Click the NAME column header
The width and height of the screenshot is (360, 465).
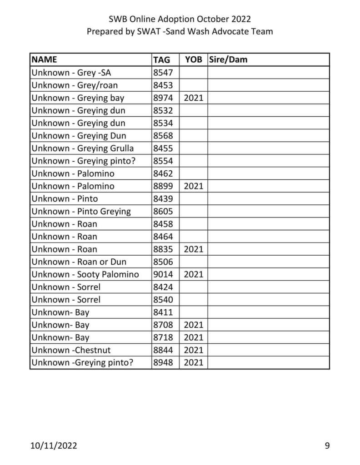(45, 59)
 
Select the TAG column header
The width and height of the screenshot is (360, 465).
(162, 60)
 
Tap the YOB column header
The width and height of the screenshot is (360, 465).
(193, 59)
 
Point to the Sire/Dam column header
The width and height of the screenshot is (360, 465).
(228, 59)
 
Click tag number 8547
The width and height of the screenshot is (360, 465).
(163, 72)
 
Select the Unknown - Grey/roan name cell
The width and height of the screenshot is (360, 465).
(75, 85)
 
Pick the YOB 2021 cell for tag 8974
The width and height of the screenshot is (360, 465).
(193, 98)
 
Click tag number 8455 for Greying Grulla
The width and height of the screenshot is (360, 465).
(163, 148)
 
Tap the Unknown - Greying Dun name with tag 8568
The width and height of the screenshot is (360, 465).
(79, 135)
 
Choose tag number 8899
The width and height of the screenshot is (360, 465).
(163, 186)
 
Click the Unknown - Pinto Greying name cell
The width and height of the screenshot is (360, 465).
(81, 211)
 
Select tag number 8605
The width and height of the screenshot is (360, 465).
(163, 211)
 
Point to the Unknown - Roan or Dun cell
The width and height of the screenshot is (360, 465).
(79, 262)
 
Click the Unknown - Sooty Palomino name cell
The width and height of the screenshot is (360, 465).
(85, 274)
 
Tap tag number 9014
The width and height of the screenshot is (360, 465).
(163, 274)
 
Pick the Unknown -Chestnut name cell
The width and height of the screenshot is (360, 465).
(71, 350)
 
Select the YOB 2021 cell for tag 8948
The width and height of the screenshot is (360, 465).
(193, 363)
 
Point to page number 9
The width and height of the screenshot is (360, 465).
(327, 445)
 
